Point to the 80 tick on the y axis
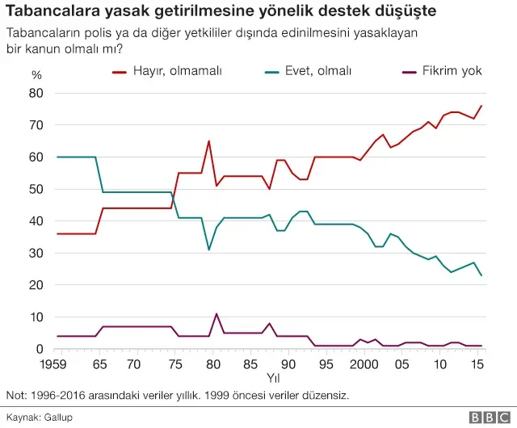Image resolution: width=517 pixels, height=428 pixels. click(36, 93)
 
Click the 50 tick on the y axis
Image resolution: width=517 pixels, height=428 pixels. click(36, 189)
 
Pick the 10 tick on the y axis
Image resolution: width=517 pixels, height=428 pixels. click(36, 317)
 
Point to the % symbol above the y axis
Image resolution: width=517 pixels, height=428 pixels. click(36, 74)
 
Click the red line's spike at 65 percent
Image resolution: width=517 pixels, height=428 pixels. click(208, 141)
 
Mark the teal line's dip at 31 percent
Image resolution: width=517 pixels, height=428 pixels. click(208, 250)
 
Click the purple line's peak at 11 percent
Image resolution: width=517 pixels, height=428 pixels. click(216, 313)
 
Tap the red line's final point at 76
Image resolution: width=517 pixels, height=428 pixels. click(481, 106)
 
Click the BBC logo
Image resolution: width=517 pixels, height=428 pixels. click(489, 417)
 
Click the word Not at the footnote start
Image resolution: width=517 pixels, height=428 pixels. click(15, 396)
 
